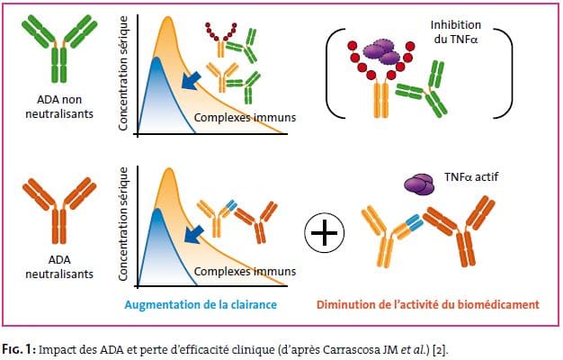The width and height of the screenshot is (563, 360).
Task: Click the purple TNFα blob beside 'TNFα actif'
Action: [419, 184]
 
